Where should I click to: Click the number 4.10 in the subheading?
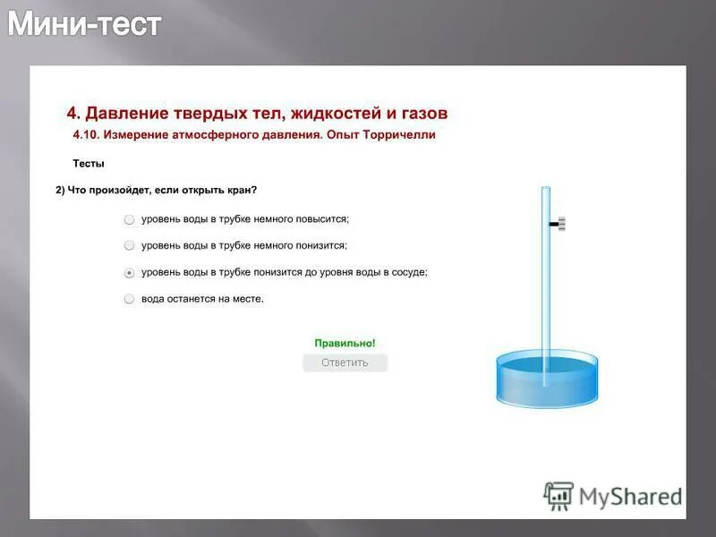pyautogui.click(x=86, y=135)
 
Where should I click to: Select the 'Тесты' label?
pyautogui.click(x=88, y=163)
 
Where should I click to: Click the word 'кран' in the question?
pyautogui.click(x=241, y=190)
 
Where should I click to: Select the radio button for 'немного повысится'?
pyautogui.click(x=130, y=218)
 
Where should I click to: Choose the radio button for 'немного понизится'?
pyautogui.click(x=130, y=245)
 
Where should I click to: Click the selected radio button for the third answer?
pyautogui.click(x=130, y=272)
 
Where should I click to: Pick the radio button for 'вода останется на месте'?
pyautogui.click(x=130, y=299)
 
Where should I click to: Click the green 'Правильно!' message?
pyautogui.click(x=345, y=343)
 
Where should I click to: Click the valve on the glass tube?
pyautogui.click(x=559, y=224)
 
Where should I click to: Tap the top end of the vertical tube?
pyautogui.click(x=545, y=189)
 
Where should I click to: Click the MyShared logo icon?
pyautogui.click(x=558, y=496)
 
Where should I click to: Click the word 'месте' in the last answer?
pyautogui.click(x=248, y=299)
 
